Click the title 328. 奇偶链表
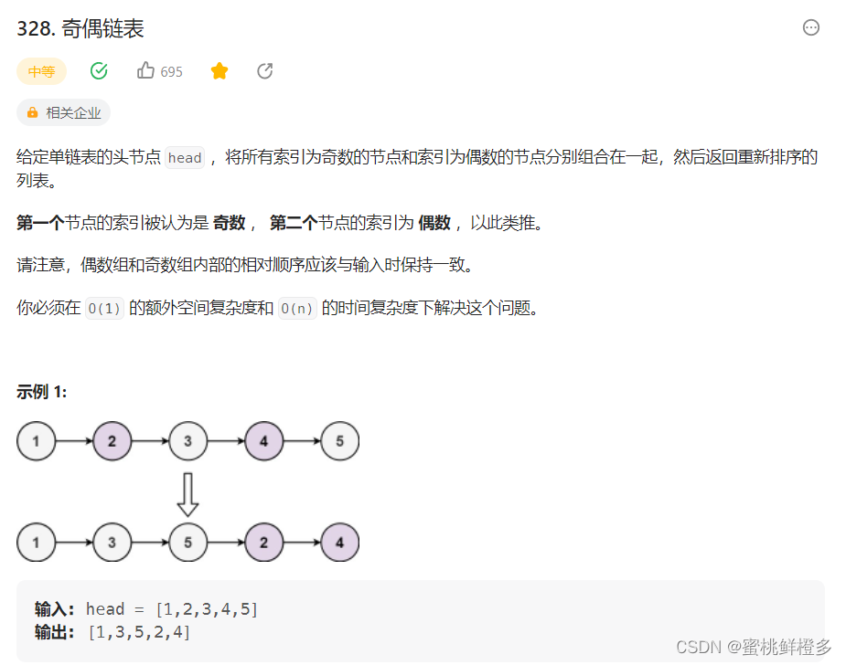80,28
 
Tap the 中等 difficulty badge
41,71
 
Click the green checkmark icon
99,71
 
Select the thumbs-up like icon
145,70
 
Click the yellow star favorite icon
220,71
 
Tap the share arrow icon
265,71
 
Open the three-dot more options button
811,27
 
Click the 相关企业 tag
63,112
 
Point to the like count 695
171,72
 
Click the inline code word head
185,158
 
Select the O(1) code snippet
103,309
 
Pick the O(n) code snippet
296,309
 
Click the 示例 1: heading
41,392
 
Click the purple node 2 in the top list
112,442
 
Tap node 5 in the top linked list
340,442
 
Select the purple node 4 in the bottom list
340,543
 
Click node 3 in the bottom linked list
112,543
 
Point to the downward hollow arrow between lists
187,493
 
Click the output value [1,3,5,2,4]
139,632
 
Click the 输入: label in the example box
55,609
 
